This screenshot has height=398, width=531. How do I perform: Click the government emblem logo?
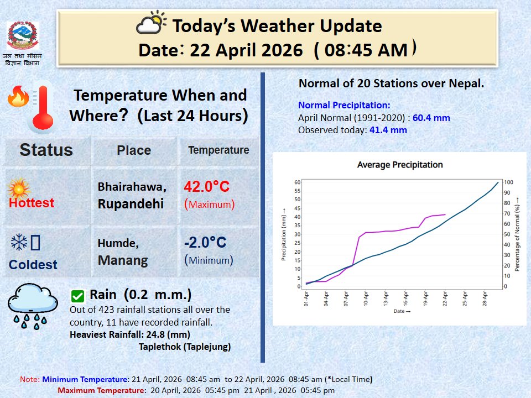[22, 35]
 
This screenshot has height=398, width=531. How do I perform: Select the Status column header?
[46, 150]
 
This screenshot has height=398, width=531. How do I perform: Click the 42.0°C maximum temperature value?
[206, 186]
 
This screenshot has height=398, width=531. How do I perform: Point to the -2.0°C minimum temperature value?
[205, 242]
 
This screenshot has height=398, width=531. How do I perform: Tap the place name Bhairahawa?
[132, 186]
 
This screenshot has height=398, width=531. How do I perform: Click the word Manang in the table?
[123, 260]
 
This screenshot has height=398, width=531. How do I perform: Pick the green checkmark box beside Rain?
[77, 296]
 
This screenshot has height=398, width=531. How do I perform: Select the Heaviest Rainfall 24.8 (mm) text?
[129, 334]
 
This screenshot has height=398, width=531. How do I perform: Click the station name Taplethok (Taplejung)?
[185, 347]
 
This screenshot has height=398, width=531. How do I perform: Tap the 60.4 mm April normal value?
[431, 118]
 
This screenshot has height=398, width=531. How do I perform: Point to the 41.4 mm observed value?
[388, 130]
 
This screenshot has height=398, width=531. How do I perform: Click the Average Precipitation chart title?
[400, 165]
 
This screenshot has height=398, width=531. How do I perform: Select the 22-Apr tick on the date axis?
[445, 298]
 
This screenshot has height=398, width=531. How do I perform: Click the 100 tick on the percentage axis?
[508, 182]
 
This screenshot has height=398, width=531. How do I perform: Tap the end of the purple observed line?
[445, 214]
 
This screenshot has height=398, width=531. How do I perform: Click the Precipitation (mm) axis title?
[284, 234]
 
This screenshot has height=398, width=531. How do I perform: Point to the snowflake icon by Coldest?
[19, 242]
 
